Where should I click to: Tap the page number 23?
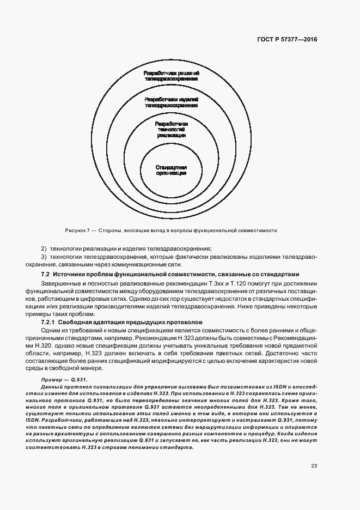[x=314, y=465]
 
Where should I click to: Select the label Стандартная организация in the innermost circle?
[x=171, y=169]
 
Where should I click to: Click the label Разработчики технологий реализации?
[x=172, y=129]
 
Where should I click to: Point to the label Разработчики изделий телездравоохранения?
[x=171, y=102]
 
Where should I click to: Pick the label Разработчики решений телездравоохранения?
[x=171, y=76]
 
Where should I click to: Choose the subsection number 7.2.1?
[x=51, y=322]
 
